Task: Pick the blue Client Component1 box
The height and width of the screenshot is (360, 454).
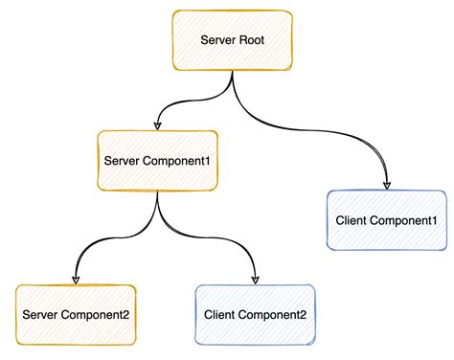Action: click(387, 220)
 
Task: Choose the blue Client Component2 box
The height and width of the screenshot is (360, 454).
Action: click(255, 315)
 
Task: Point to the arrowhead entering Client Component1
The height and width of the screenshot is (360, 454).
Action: click(387, 185)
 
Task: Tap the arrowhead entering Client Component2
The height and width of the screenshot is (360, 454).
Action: click(255, 280)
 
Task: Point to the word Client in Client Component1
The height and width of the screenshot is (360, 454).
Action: click(352, 220)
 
